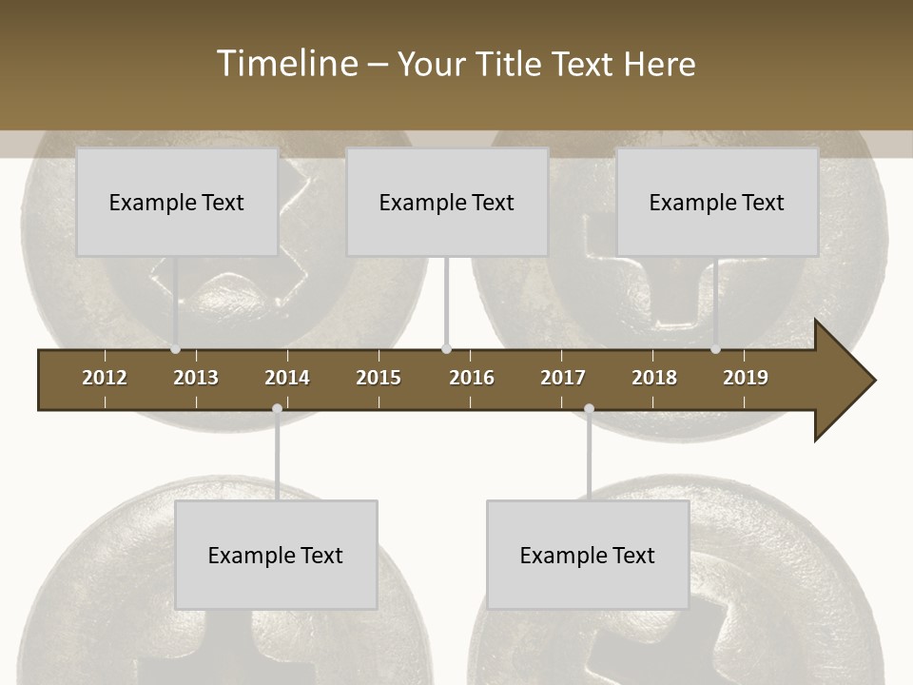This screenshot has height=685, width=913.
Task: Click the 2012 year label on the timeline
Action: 105,378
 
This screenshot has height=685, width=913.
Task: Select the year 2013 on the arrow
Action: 196,378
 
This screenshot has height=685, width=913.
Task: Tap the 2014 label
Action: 287,378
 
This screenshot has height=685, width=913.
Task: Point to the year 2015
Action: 379,378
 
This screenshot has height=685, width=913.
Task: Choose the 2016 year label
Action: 472,378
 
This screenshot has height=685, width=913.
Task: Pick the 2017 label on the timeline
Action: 563,378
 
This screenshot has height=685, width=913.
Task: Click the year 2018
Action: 654,378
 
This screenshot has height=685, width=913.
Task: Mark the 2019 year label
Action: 746,378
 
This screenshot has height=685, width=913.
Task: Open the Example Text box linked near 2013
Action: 177,202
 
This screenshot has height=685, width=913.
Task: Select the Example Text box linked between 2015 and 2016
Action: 447,202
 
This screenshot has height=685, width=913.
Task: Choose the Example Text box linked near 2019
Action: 717,202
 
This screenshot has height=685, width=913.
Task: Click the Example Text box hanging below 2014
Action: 276,555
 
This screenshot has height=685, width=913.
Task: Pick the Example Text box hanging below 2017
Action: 588,555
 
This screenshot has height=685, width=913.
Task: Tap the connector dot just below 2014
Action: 277,409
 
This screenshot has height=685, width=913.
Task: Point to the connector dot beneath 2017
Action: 589,409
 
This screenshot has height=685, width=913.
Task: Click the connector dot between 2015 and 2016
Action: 447,349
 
